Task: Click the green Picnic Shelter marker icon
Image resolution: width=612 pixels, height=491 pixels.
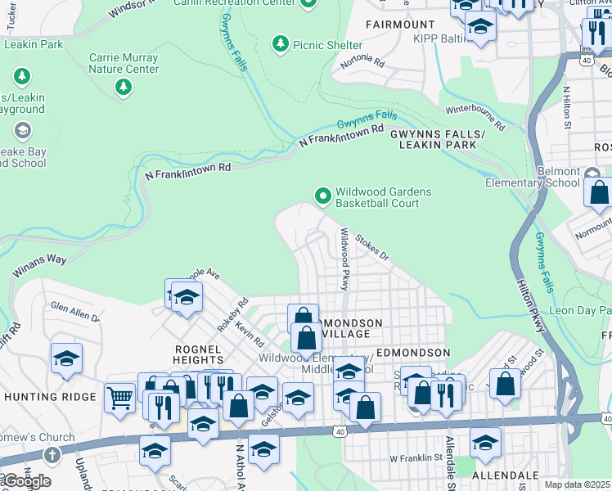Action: point(280,42)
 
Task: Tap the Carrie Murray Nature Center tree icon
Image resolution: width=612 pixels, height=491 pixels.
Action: point(124,86)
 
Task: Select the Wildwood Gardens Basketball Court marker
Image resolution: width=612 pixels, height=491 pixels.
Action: point(322,196)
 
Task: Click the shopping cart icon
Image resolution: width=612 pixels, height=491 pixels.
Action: point(119,398)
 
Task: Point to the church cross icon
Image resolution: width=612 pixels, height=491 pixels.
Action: point(51,455)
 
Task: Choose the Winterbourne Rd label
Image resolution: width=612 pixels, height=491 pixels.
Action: point(475,118)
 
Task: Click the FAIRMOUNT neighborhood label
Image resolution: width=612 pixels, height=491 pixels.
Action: point(400,25)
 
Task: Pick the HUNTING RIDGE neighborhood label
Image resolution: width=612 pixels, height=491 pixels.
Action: point(50,397)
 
